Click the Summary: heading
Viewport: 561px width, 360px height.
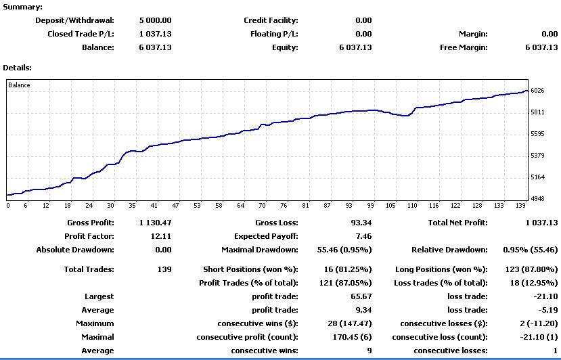(x=22, y=7)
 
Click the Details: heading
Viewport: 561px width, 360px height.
(x=17, y=68)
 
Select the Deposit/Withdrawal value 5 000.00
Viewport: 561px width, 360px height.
(x=155, y=20)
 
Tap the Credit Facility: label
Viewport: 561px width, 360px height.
(x=271, y=20)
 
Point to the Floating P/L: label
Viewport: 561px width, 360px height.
(x=275, y=34)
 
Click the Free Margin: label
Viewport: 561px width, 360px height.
(x=464, y=47)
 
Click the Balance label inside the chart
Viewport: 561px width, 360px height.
(x=20, y=85)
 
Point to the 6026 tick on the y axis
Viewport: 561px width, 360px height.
(x=537, y=91)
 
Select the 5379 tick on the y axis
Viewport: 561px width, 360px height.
(x=537, y=156)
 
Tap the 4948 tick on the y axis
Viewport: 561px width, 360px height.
(x=537, y=198)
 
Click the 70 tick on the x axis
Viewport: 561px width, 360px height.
(x=263, y=206)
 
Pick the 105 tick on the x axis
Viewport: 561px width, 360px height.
(x=390, y=206)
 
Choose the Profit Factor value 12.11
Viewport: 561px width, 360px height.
(x=161, y=236)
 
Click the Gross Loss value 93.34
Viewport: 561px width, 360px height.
(x=361, y=223)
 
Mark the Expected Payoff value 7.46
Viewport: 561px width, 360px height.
(x=364, y=236)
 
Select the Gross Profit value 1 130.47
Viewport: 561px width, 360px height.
(x=155, y=223)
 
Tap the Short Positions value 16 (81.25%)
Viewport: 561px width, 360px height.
(x=344, y=269)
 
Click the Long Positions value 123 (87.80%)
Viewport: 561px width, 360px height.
(x=532, y=269)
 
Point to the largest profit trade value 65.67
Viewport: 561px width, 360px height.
(x=361, y=296)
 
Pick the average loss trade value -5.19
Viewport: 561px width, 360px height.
(x=548, y=310)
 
